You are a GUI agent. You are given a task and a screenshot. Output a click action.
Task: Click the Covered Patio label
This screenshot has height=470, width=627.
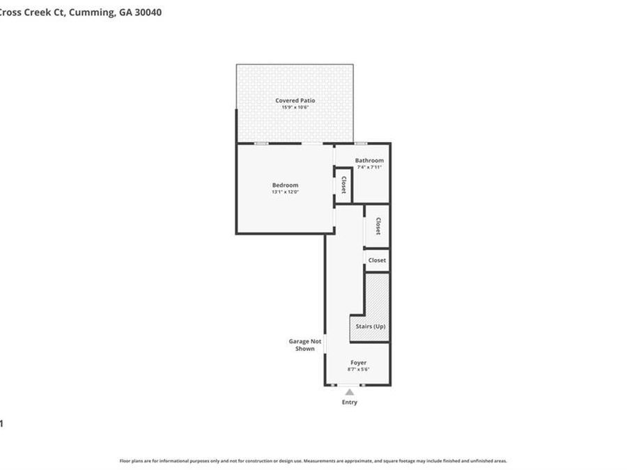pyautogui.click(x=295, y=100)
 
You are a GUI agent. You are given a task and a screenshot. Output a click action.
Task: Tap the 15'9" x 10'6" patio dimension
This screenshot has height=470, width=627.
pyautogui.click(x=295, y=107)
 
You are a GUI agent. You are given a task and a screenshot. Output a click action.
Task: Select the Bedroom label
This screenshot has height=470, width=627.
pyautogui.click(x=285, y=185)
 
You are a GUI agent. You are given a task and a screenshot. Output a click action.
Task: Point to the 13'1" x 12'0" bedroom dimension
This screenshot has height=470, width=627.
pyautogui.click(x=285, y=191)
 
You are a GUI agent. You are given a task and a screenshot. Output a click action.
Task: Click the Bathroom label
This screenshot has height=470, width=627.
pyautogui.click(x=369, y=160)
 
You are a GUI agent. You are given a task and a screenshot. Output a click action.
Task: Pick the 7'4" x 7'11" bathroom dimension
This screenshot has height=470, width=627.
pyautogui.click(x=369, y=167)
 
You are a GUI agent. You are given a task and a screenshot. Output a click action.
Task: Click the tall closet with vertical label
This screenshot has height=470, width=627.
pyautogui.click(x=378, y=226)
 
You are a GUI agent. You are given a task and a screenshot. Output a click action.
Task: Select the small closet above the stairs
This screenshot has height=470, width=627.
pyautogui.click(x=377, y=260)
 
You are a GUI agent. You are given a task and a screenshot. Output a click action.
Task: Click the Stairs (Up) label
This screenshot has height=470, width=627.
pyautogui.click(x=370, y=327)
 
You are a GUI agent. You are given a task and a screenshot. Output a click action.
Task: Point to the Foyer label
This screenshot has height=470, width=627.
pyautogui.click(x=358, y=363)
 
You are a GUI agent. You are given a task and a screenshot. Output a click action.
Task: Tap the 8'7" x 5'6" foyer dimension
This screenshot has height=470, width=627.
pyautogui.click(x=358, y=369)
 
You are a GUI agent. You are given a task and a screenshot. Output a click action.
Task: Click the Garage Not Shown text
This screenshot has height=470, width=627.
pyautogui.click(x=305, y=345)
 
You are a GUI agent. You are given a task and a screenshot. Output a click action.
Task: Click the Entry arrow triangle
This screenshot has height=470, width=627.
pyautogui.click(x=349, y=393)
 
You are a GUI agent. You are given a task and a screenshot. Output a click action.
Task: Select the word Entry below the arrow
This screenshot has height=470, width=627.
pyautogui.click(x=349, y=402)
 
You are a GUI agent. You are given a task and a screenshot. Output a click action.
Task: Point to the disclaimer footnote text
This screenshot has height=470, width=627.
pyautogui.click(x=313, y=460)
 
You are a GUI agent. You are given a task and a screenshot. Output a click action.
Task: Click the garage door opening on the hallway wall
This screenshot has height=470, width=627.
pyautogui.click(x=325, y=344)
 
